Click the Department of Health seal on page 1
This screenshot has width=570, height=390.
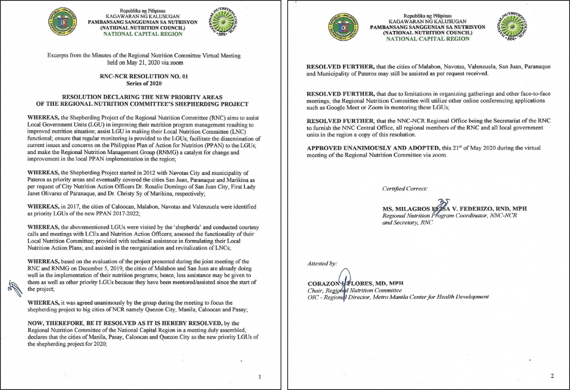[62, 22]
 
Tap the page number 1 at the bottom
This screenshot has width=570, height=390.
[260, 377]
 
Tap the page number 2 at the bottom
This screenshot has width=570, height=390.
[552, 376]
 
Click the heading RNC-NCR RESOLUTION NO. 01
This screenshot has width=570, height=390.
[144, 76]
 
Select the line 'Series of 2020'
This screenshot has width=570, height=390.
[144, 83]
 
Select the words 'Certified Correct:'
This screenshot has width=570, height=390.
[405, 189]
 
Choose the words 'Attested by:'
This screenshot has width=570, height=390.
[322, 264]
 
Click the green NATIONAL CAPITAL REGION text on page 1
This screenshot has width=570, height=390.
[143, 34]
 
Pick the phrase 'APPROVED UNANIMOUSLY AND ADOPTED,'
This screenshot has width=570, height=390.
[373, 148]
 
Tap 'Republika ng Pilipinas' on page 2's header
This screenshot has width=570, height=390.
[427, 16]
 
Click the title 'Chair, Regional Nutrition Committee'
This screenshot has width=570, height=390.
[354, 291]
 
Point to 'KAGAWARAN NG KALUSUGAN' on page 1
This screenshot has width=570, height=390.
[143, 16]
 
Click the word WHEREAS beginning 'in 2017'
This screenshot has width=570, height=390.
[43, 207]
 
